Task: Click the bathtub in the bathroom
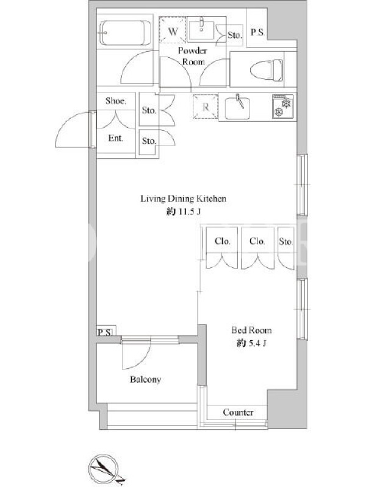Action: click(124, 33)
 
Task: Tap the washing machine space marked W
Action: click(173, 30)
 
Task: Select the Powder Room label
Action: click(193, 56)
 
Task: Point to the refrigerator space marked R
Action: click(206, 107)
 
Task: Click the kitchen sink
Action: click(237, 108)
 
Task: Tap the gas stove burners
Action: click(282, 106)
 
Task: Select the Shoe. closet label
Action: click(116, 100)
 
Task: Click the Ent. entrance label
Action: click(115, 138)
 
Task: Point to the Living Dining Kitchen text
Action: click(183, 198)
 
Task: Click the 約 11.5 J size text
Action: click(184, 212)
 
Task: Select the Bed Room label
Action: click(251, 330)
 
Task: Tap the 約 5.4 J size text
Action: click(251, 343)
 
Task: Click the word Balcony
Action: click(145, 379)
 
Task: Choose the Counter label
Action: click(238, 412)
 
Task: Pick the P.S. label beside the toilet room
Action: click(257, 32)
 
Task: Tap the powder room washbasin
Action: click(201, 30)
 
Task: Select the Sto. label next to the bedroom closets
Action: click(285, 241)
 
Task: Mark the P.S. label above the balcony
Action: click(104, 332)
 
